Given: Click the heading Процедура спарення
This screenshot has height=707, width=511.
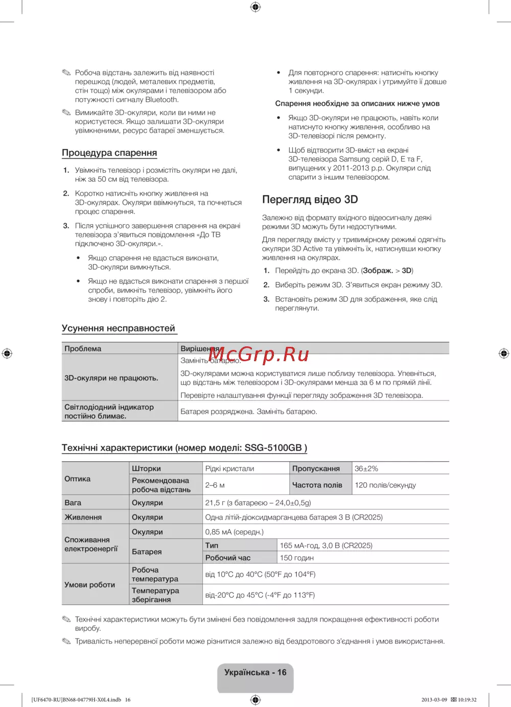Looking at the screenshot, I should pyautogui.click(x=109, y=153).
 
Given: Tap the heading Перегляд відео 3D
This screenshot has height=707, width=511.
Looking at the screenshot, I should pyautogui.click(x=310, y=200).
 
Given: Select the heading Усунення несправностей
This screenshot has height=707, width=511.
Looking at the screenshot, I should pyautogui.click(x=119, y=328).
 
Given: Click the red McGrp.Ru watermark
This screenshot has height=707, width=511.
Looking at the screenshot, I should pyautogui.click(x=259, y=354).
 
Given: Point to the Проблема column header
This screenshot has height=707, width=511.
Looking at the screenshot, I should pyautogui.click(x=83, y=349).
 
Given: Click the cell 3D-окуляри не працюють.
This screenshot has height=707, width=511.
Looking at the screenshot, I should pyautogui.click(x=111, y=378).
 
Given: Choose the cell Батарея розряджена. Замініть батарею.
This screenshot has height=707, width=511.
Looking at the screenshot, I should pyautogui.click(x=249, y=411).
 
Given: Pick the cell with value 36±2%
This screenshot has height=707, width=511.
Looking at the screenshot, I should pyautogui.click(x=366, y=468).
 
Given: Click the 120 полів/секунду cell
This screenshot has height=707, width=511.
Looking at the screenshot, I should pyautogui.click(x=385, y=485).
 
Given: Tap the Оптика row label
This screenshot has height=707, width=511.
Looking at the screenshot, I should pyautogui.click(x=78, y=479).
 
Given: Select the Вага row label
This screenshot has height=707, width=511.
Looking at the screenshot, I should pyautogui.click(x=73, y=503).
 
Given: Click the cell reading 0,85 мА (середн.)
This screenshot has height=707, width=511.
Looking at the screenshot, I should pyautogui.click(x=235, y=532).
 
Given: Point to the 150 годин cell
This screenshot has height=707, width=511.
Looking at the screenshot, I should pyautogui.click(x=297, y=558).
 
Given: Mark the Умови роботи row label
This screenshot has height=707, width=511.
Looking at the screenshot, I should pyautogui.click(x=90, y=584).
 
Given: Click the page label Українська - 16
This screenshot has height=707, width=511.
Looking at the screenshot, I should pyautogui.click(x=255, y=672).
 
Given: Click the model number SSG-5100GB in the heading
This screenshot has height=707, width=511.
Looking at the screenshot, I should pyautogui.click(x=273, y=448).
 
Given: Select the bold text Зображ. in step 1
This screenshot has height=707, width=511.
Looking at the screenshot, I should pyautogui.click(x=378, y=271).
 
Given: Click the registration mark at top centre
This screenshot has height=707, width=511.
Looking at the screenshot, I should pyautogui.click(x=255, y=7).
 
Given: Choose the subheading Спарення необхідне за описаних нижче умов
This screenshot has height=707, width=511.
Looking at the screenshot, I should pyautogui.click(x=357, y=104).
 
